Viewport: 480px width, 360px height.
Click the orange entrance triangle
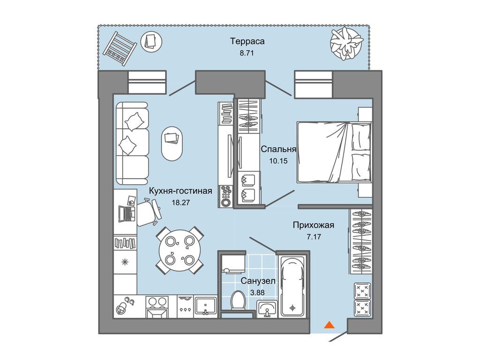pos(329,324)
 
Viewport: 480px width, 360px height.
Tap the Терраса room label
pos(247,41)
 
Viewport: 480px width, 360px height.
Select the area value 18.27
pos(180,202)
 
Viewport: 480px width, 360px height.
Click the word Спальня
pos(278,149)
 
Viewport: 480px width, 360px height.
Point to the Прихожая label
pos(314,225)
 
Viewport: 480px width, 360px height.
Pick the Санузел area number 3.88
pos(257,292)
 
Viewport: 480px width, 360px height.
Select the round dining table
pos(180,251)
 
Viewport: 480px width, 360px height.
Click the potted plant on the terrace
pos(346,43)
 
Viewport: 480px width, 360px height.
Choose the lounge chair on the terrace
pos(120,48)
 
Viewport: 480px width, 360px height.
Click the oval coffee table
pos(172,143)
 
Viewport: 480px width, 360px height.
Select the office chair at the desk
pos(148,212)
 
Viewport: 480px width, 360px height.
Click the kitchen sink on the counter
pos(206,305)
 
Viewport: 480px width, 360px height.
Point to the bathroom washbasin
pos(267,308)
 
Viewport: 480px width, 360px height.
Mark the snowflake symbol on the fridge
pos(125,262)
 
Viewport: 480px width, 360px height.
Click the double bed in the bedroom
pos(334,152)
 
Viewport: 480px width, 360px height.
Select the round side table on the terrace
pos(151,41)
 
